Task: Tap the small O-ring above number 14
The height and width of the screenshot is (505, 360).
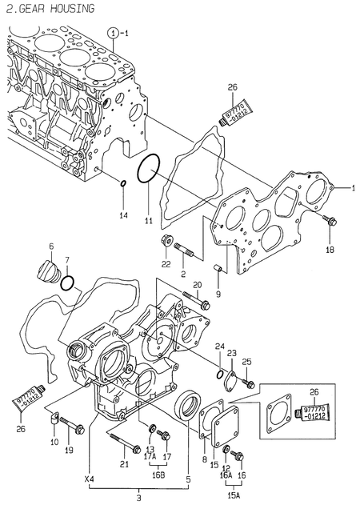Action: pos(122,186)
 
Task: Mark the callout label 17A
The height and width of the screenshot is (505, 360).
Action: pos(150,457)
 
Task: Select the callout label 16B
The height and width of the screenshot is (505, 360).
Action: pos(158,474)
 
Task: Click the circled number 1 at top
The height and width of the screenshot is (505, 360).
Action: pos(114,32)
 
